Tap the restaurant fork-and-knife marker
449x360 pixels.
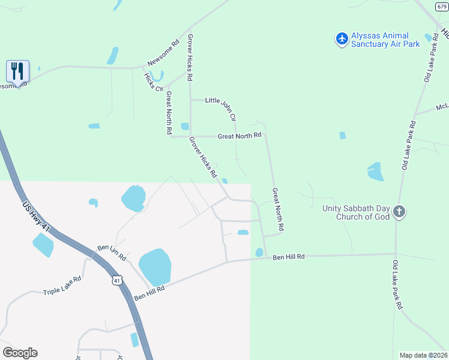point(17,71)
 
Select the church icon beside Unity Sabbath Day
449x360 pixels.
point(400,212)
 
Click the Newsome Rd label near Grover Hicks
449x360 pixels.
point(164,52)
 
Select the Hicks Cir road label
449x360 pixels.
point(153,82)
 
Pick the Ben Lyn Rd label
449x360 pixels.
point(112,252)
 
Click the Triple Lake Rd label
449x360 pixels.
point(62,286)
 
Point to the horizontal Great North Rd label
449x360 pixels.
point(240,136)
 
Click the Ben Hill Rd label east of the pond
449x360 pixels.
point(289,257)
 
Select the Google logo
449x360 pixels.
point(20,352)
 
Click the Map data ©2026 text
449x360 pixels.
point(423,355)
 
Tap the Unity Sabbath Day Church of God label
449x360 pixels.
point(356,212)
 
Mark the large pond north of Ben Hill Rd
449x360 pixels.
point(155,267)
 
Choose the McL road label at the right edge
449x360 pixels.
point(442,107)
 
